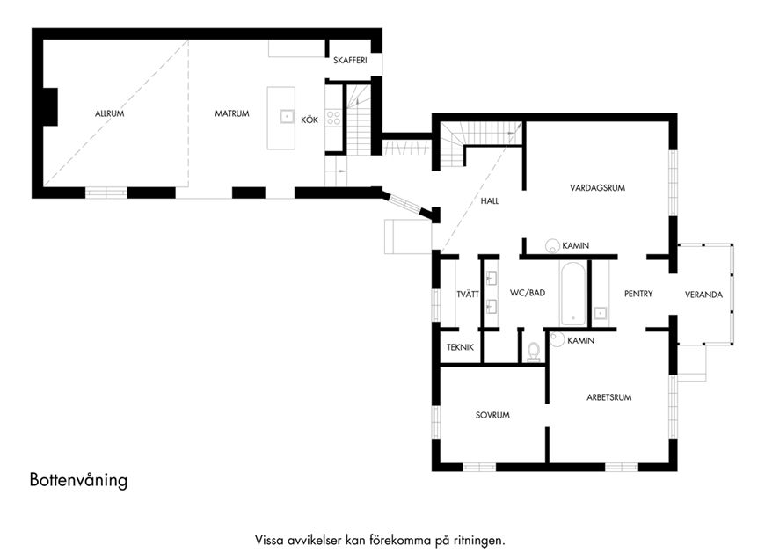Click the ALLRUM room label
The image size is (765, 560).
click(109, 113)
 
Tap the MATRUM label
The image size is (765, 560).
click(232, 113)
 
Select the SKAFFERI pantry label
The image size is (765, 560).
click(350, 61)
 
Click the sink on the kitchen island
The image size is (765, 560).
click(287, 116)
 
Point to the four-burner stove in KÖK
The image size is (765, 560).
click(333, 118)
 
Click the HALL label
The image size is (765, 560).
click(490, 201)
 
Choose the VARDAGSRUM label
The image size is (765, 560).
click(597, 188)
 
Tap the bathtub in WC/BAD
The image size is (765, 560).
click(572, 294)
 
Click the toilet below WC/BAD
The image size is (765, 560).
click(534, 353)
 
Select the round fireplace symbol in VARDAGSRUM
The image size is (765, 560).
click(553, 246)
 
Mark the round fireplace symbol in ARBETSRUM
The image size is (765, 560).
click(557, 339)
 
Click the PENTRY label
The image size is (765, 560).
click(638, 294)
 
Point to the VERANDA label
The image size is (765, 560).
click(703, 295)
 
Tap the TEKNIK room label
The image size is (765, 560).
click(460, 348)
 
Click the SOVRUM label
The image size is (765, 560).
click(492, 415)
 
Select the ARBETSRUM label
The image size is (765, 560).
click(608, 397)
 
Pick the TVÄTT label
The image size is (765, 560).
click(468, 295)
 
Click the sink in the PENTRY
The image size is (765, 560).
click(600, 313)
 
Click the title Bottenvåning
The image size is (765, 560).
click(78, 480)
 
